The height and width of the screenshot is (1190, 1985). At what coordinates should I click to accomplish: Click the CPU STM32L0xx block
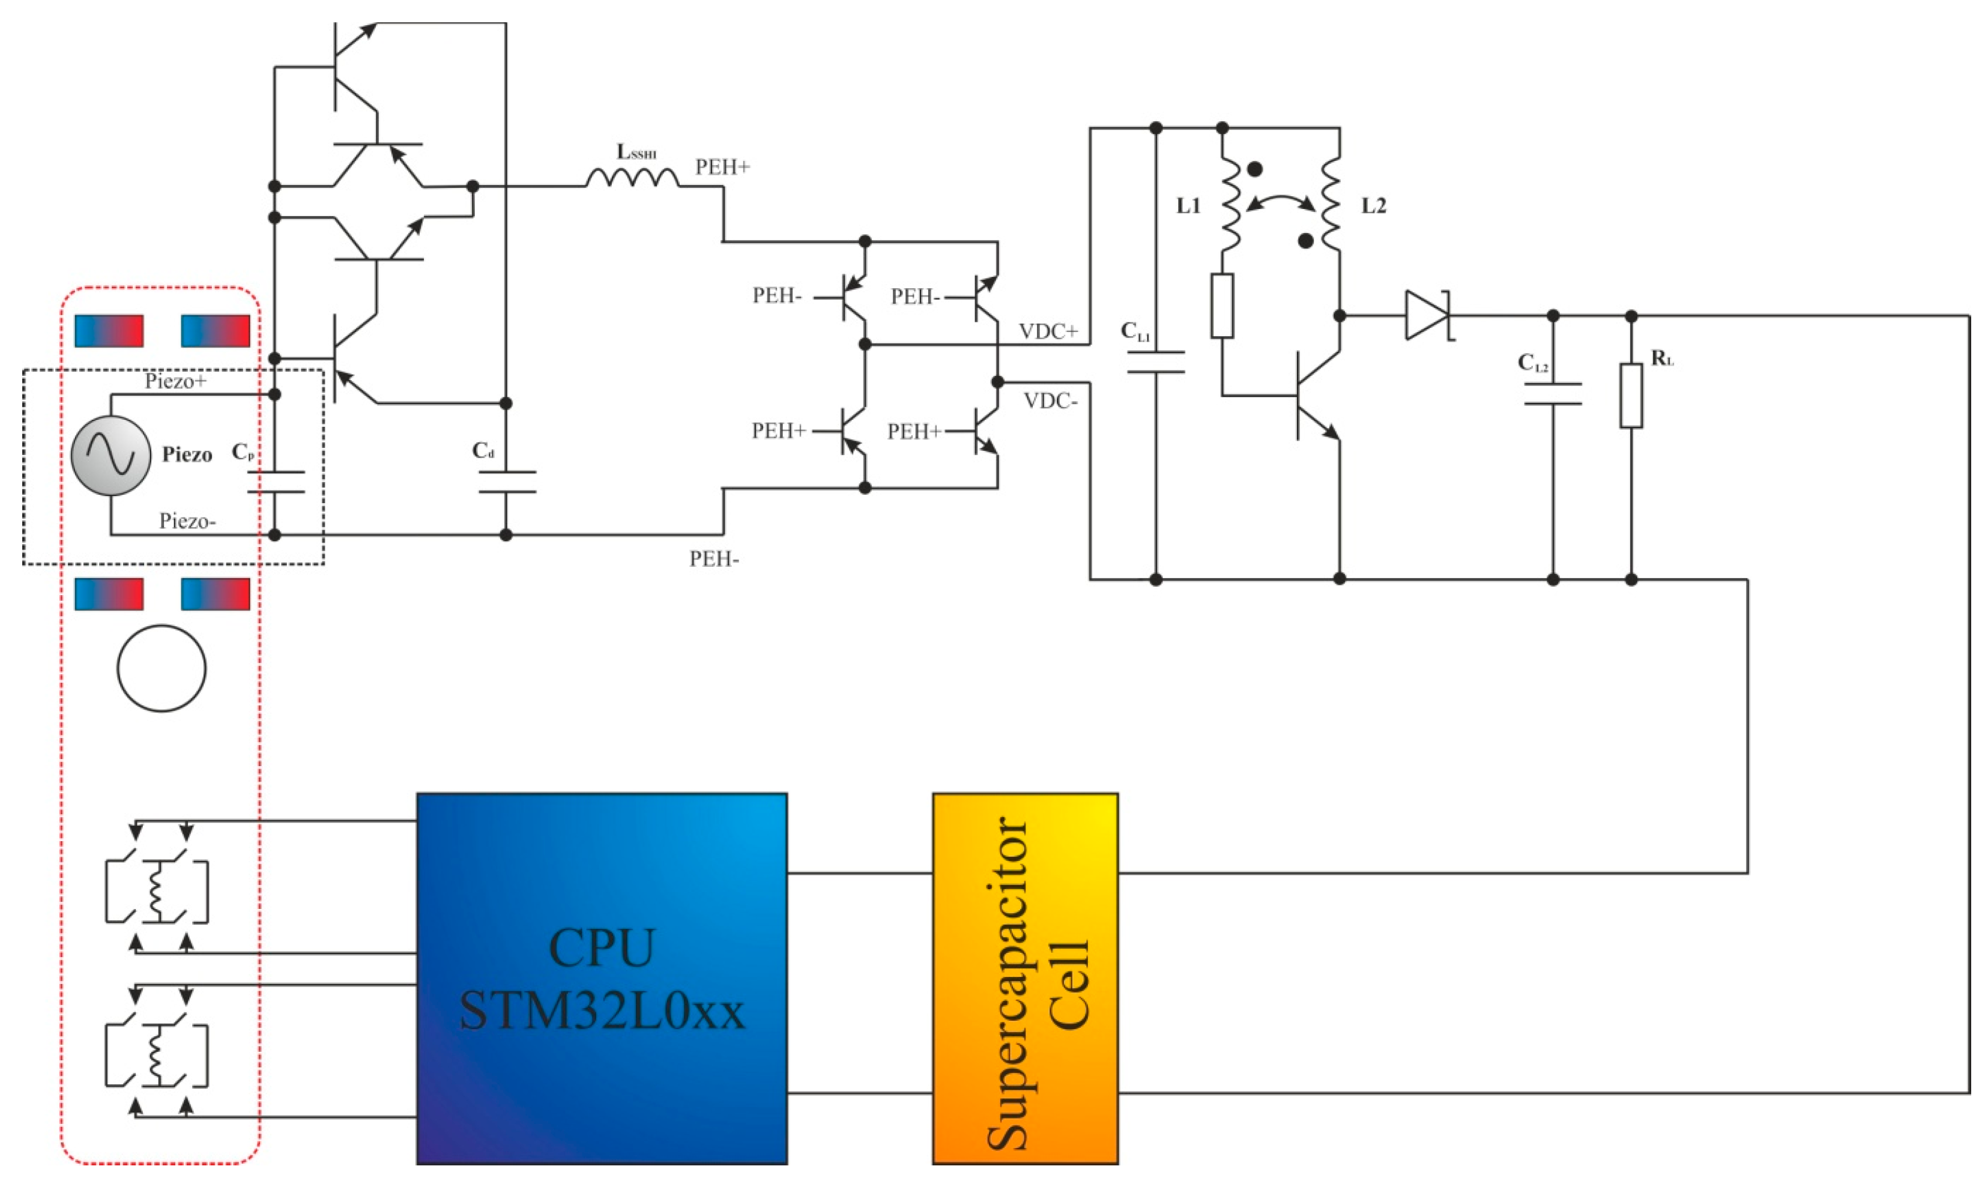coord(601,978)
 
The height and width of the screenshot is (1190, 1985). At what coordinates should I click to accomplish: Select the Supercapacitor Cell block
coord(1024,978)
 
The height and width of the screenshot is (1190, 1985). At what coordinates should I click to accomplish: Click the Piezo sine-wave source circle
coord(110,455)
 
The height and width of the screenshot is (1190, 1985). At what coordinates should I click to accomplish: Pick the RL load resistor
coord(1631,395)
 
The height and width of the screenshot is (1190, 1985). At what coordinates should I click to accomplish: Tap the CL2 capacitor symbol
coord(1552,394)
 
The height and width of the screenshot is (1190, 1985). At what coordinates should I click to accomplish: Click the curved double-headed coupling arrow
coord(1280,201)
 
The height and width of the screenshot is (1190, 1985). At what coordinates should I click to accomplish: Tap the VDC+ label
coord(1048,331)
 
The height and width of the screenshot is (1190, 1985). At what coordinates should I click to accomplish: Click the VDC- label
coord(1050,401)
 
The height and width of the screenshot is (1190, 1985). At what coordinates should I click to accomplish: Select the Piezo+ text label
coord(175,381)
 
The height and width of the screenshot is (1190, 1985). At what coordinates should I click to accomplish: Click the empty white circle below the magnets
coord(161,668)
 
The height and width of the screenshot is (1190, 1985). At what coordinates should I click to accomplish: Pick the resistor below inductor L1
coord(1222,306)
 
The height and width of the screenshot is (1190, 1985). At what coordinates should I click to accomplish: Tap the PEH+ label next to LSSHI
coord(722,167)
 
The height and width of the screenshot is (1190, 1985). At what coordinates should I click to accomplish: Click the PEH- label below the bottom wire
coord(713,559)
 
